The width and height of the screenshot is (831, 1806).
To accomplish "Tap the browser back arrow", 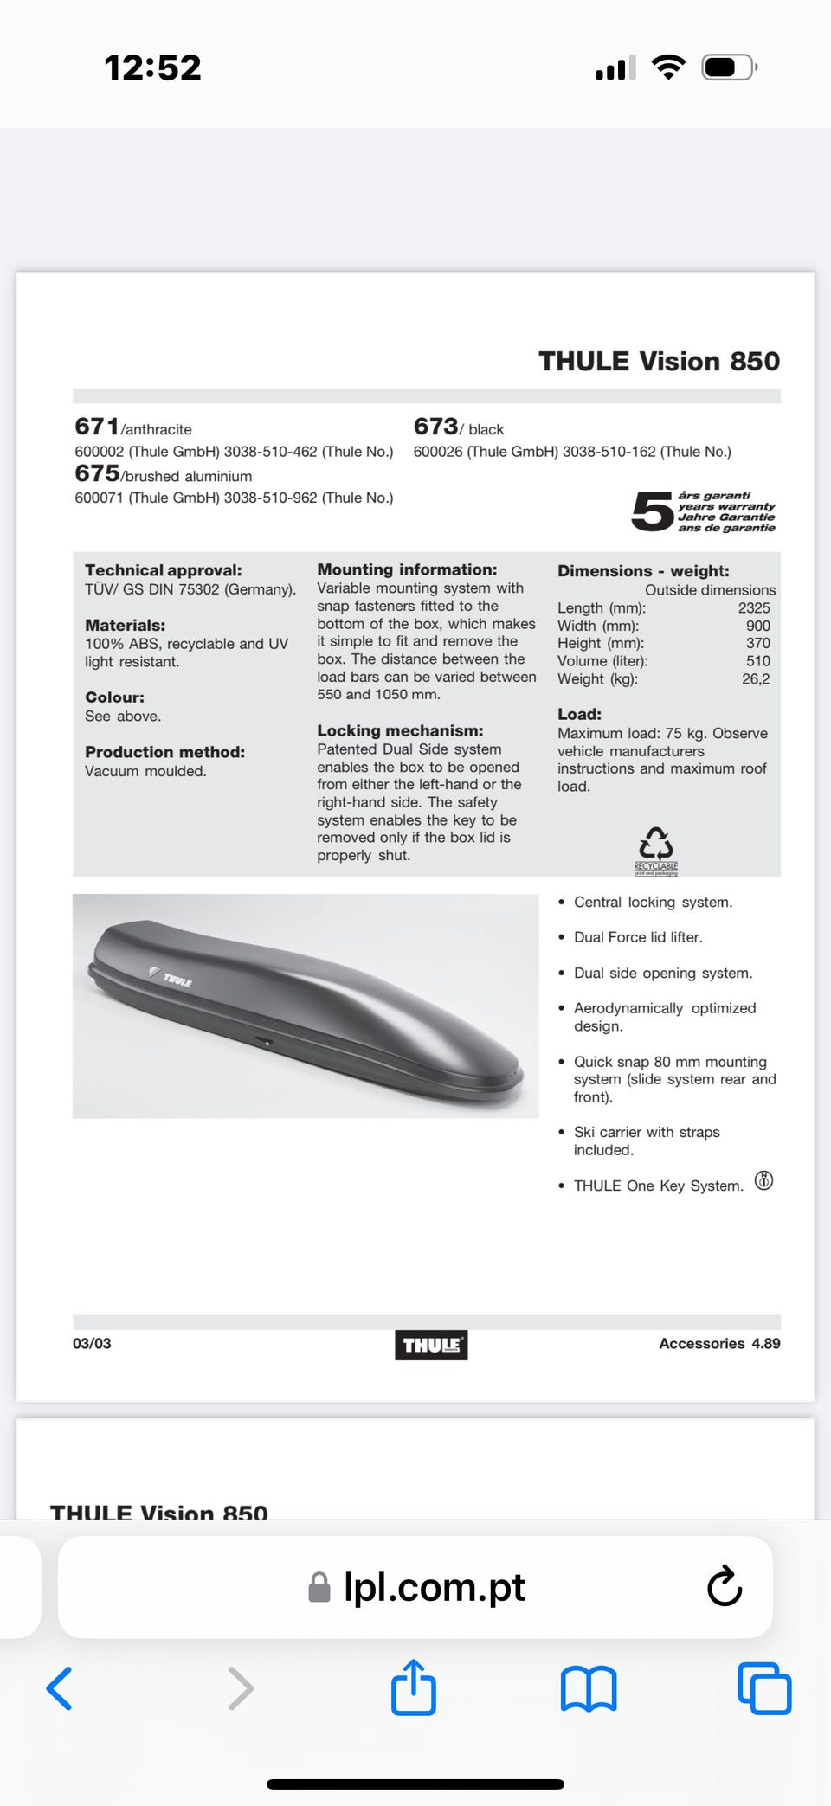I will pyautogui.click(x=59, y=1687).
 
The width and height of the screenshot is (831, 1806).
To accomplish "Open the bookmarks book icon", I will pyautogui.click(x=589, y=1688).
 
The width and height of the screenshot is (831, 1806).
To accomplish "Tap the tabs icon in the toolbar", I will pyautogui.click(x=764, y=1687).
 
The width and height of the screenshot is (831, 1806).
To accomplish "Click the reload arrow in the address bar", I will pyautogui.click(x=724, y=1586).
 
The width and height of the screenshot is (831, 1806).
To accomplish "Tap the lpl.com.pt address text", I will pyautogui.click(x=434, y=1587).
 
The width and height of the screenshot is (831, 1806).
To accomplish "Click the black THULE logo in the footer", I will pyautogui.click(x=431, y=1345).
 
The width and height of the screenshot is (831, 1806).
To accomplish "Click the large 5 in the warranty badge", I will pyautogui.click(x=651, y=511).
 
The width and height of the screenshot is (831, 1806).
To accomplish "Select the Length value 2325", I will pyautogui.click(x=753, y=608).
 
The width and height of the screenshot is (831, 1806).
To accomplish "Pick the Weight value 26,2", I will pyautogui.click(x=755, y=679).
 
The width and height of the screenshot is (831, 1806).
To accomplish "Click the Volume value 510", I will pyautogui.click(x=757, y=661).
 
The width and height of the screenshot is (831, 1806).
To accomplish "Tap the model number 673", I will pyautogui.click(x=435, y=427).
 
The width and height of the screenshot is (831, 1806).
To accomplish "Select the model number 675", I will pyautogui.click(x=97, y=473).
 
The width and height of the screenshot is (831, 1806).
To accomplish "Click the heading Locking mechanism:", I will pyautogui.click(x=400, y=731).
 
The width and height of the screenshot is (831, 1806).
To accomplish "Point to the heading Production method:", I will pyautogui.click(x=164, y=752).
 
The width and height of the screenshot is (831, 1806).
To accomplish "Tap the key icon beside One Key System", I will pyautogui.click(x=763, y=1180).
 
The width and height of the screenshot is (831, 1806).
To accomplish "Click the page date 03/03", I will pyautogui.click(x=92, y=1343).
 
